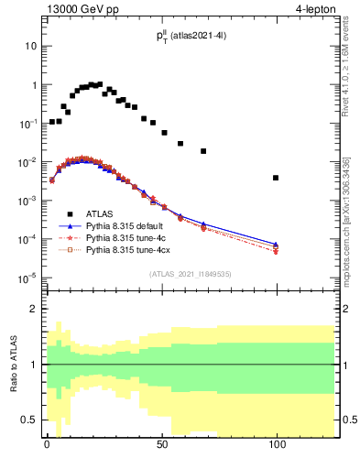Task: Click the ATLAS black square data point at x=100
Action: pos(276,178)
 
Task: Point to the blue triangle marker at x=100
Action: pos(276,244)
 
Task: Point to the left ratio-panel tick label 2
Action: pos(33,309)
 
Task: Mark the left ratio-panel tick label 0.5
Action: pos(29,420)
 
